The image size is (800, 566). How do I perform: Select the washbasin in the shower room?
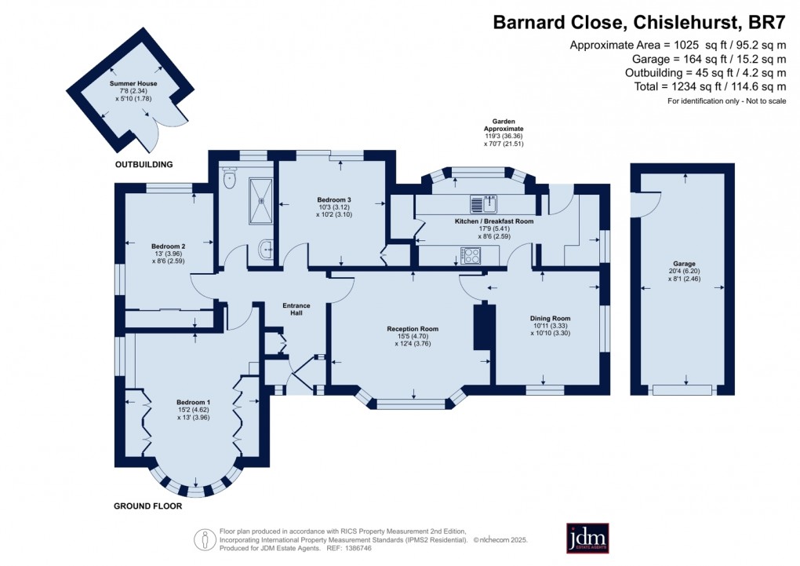pos(264,250)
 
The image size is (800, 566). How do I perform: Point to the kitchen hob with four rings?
pos(471,255)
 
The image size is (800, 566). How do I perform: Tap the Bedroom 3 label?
pos(334,199)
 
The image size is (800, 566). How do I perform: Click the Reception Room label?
pos(413,329)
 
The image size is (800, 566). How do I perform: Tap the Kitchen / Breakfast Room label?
pos(494,222)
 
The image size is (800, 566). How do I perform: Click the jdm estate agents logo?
pos(587,539)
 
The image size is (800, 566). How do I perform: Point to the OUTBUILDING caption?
pos(144,164)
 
